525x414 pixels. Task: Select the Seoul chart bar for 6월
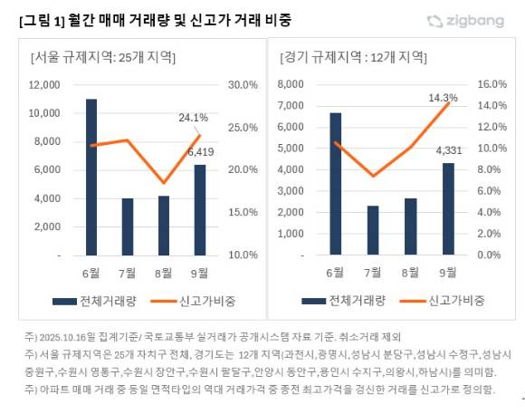[91, 177]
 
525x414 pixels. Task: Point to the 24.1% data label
[194, 118]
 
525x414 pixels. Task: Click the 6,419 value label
[200, 152]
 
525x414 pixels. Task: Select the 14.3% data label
[442, 97]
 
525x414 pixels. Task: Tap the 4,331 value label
[448, 151]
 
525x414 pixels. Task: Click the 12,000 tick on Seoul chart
[44, 85]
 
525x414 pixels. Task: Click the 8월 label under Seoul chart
[163, 272]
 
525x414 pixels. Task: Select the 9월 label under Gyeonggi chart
[447, 272]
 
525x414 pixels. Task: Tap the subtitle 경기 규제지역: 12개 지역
[351, 58]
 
